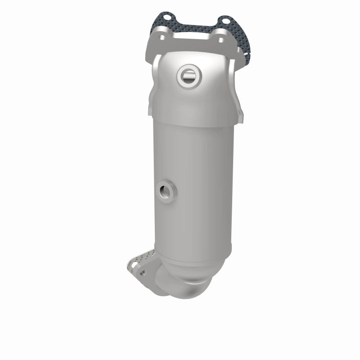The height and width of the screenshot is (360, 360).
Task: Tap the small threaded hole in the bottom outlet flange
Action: (143, 272)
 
